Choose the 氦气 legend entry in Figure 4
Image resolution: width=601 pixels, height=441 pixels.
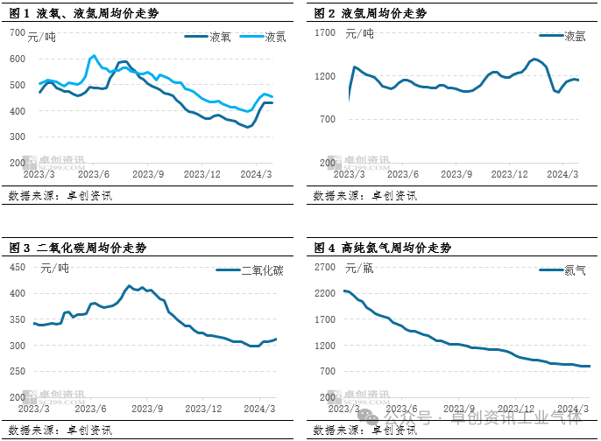pos(576,270)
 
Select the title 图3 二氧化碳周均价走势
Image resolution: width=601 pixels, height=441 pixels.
pos(78,248)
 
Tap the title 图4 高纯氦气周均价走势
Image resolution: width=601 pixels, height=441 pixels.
pos(382,248)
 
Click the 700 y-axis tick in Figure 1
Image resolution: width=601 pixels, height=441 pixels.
pos(18,33)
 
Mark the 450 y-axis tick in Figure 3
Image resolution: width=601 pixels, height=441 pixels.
pos(18,267)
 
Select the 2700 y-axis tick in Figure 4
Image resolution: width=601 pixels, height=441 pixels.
pos(325,267)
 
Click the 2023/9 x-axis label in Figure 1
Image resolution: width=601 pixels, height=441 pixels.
pos(148,174)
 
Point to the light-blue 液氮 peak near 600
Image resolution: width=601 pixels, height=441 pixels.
pos(94,56)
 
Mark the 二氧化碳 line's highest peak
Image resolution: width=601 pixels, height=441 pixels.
pos(130,285)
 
